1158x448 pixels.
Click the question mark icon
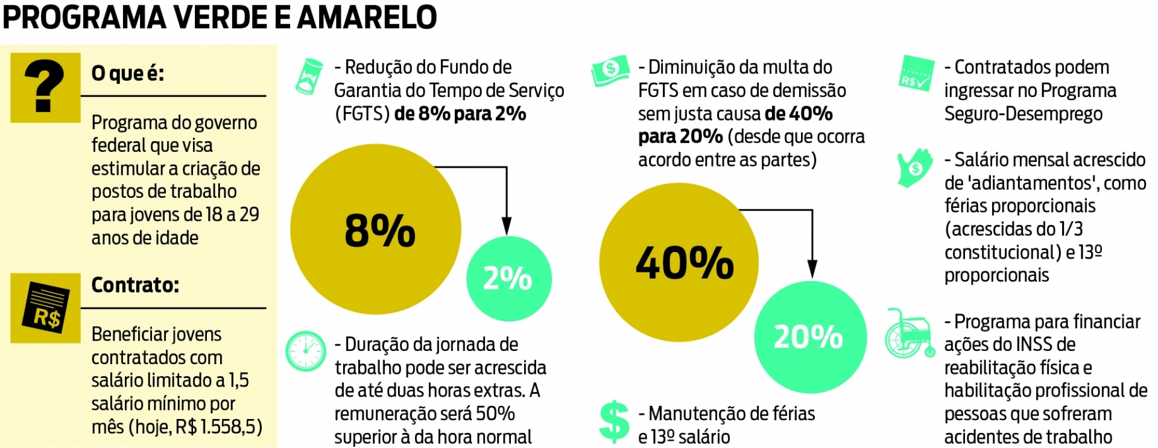45,87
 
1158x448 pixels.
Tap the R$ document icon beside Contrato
45,308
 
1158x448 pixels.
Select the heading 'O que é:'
127,74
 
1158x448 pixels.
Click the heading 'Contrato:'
135,285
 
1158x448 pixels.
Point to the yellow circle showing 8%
376,229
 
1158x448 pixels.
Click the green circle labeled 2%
508,278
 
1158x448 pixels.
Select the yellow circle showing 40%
679,262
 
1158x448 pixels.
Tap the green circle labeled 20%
810,336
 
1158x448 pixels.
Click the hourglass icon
309,76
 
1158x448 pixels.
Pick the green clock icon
306,351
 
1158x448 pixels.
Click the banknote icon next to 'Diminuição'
610,71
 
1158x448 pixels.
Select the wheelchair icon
908,334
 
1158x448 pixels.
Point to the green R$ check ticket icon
916,74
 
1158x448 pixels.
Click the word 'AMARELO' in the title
367,17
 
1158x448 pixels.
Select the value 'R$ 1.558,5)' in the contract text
218,427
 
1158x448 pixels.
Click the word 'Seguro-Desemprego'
1023,114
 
